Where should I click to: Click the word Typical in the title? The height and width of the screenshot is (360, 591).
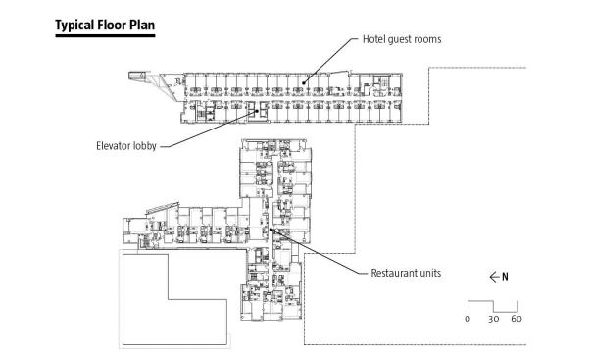[x=74, y=26]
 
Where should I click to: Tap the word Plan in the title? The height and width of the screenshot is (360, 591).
[x=142, y=25]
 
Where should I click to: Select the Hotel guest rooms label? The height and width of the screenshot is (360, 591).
[x=402, y=39]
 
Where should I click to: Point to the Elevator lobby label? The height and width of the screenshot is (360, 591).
[x=126, y=146]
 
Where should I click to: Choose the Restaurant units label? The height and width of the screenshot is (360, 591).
[x=406, y=273]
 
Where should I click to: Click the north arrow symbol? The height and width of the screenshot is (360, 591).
[x=494, y=277]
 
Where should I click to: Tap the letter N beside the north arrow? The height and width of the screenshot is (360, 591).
[x=505, y=277]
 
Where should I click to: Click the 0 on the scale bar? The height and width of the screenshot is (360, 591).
[x=468, y=319]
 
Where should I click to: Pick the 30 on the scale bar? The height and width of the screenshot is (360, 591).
[x=493, y=319]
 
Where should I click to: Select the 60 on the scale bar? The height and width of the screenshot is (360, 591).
[x=517, y=319]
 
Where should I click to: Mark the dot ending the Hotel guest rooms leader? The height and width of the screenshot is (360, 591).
[x=304, y=82]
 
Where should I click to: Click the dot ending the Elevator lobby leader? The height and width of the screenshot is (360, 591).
[x=258, y=111]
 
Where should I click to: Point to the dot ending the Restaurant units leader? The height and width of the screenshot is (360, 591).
[x=271, y=230]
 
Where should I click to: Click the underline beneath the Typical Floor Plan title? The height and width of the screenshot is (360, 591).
[x=105, y=36]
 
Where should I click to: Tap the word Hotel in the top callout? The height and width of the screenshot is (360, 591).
[x=373, y=39]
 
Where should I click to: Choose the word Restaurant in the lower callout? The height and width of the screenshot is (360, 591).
[x=392, y=273]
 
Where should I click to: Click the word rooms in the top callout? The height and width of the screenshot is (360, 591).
[x=427, y=39]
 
